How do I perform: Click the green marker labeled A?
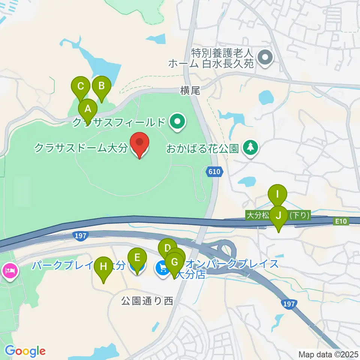click(x=88, y=109)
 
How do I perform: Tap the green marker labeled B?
click(x=101, y=86)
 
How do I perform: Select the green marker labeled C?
click(x=81, y=86)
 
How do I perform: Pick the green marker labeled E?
click(x=137, y=258)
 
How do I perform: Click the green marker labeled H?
click(x=103, y=267)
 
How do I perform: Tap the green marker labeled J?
click(x=279, y=216)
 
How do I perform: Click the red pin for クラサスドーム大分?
click(x=139, y=143)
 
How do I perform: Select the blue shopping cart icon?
click(x=162, y=267)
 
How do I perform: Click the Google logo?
click(x=25, y=351)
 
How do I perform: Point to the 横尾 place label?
click(x=190, y=90)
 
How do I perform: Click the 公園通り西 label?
click(x=147, y=301)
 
